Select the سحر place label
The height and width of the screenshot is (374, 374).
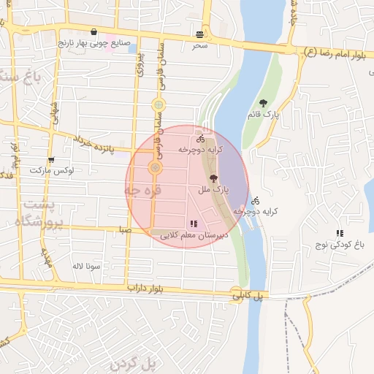(x=200, y=45)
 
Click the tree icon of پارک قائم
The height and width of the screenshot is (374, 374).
(x=264, y=104)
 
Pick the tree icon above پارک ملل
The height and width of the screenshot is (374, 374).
(x=213, y=178)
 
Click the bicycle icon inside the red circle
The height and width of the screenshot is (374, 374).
(x=200, y=139)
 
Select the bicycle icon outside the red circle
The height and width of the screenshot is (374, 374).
(x=255, y=200)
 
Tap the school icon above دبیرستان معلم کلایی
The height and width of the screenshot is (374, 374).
(x=194, y=224)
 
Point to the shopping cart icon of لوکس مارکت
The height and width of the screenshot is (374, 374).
(x=50, y=160)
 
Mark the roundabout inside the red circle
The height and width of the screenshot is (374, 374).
(x=156, y=168)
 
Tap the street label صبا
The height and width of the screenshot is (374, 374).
(x=128, y=229)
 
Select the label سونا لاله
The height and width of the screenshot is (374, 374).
(x=85, y=266)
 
